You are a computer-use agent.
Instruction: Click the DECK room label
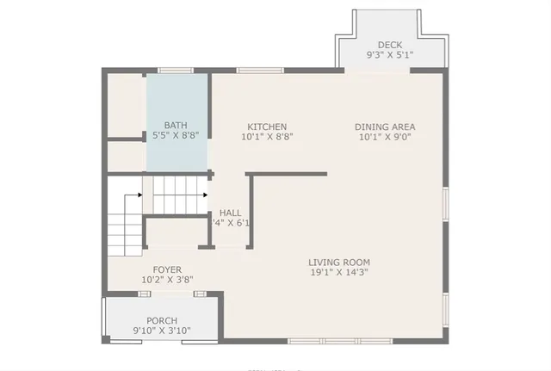click(390, 45)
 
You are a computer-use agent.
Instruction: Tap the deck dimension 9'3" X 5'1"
click(390, 55)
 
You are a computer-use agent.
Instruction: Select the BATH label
click(176, 125)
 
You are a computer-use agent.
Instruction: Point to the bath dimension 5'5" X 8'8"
click(176, 135)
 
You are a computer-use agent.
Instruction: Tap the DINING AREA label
click(385, 127)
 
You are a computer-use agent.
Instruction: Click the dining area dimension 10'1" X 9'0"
click(385, 136)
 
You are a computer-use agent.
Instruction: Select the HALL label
click(230, 213)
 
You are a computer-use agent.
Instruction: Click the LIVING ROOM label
click(339, 263)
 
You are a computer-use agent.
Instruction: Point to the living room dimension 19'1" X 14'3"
click(339, 273)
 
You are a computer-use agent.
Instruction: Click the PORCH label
click(161, 321)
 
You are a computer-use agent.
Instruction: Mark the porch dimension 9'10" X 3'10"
click(161, 331)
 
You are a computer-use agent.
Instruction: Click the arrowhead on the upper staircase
click(205, 195)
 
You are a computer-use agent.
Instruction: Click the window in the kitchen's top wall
click(255, 71)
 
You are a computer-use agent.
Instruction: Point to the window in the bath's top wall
click(174, 71)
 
